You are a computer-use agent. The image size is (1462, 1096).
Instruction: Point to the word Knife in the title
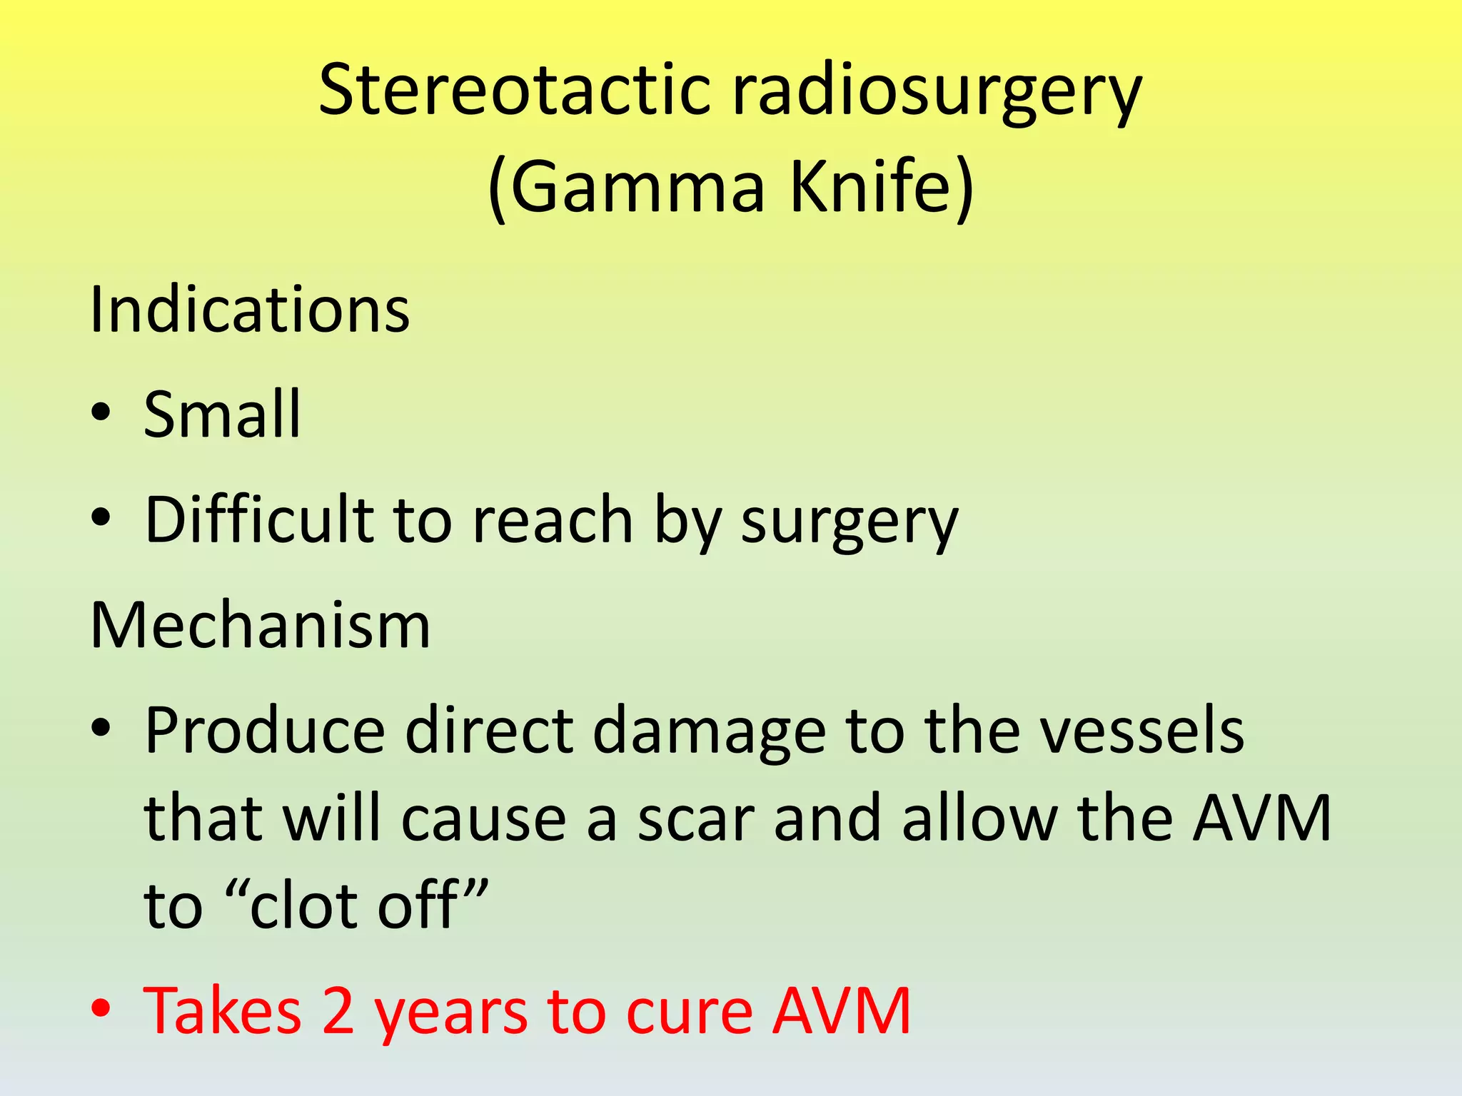coord(882,186)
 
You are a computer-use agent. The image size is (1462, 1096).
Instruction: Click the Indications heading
coord(250,310)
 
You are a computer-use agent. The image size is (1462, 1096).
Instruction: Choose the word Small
coord(222,415)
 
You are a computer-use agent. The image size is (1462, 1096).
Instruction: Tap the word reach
coord(553,519)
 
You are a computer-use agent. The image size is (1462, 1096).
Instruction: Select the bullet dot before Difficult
coord(101,517)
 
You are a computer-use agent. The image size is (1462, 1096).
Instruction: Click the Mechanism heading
coord(261,625)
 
